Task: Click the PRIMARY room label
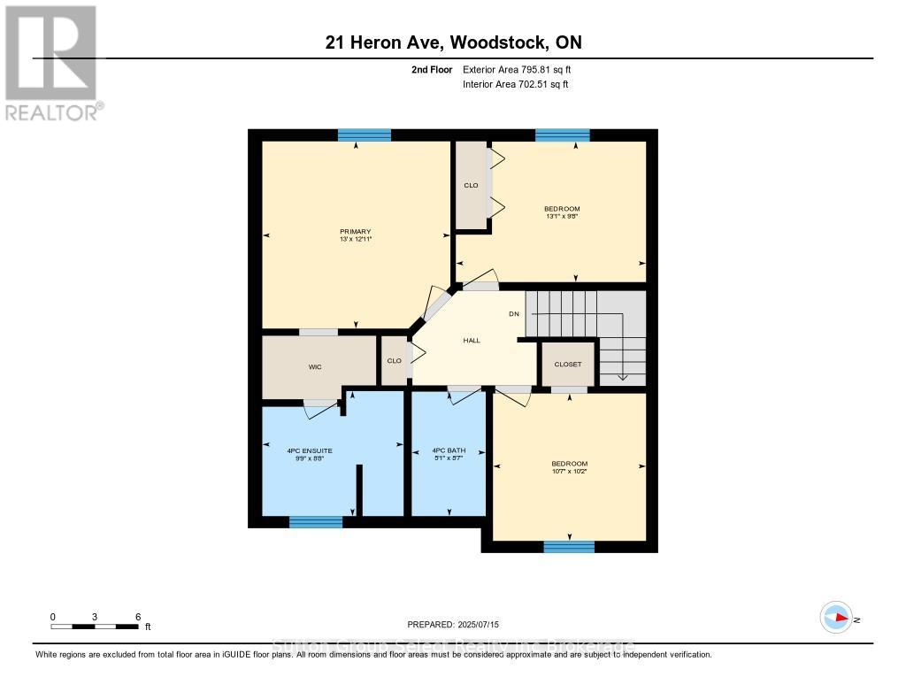point(356,232)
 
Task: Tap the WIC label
point(314,366)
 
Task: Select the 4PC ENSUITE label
point(309,451)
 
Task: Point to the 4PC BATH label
point(449,451)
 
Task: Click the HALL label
point(472,340)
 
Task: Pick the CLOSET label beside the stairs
point(567,364)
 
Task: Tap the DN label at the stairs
point(513,314)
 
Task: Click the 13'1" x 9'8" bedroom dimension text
point(562,216)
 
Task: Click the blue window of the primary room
point(364,135)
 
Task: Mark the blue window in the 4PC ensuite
point(316,521)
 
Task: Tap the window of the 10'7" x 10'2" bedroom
point(569,546)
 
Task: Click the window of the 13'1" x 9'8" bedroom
point(562,135)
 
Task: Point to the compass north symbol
point(836,619)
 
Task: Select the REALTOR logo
point(51,62)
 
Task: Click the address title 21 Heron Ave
point(452,42)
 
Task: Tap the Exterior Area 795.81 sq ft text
point(522,69)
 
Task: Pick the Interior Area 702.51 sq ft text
point(515,84)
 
